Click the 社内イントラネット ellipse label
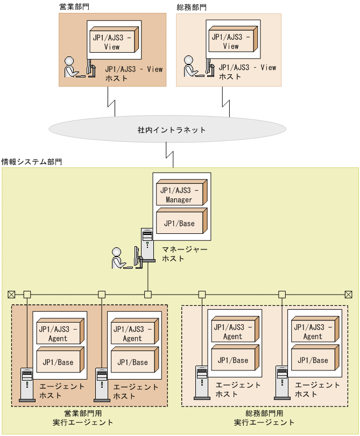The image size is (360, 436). (171, 130)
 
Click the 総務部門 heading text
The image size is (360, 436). (192, 7)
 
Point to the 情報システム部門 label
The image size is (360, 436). (32, 161)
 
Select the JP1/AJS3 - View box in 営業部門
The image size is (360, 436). (112, 42)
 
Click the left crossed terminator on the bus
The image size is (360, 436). (11, 294)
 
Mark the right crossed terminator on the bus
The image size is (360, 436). (348, 294)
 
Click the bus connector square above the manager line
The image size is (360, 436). (148, 294)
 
